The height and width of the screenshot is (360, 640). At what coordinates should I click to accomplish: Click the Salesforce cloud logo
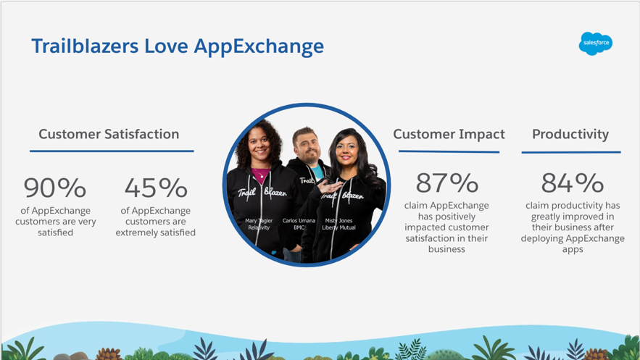tap(596, 43)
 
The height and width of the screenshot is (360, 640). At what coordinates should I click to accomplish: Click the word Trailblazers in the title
tap(85, 46)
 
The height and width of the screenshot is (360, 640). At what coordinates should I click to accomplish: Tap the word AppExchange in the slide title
tap(259, 47)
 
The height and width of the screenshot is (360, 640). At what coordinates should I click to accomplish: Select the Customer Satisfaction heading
tap(109, 134)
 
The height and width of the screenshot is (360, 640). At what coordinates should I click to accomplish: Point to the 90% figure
tap(54, 188)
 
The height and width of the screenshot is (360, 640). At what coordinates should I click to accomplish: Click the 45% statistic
tap(156, 188)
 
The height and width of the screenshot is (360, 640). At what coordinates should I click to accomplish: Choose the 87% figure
tap(447, 183)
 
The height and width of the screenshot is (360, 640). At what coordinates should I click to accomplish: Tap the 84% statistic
tap(573, 183)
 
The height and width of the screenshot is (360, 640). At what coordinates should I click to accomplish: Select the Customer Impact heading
tap(449, 134)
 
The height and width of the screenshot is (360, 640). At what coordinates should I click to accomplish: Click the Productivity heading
tap(570, 135)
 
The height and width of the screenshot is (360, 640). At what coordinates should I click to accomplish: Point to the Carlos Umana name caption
tap(299, 221)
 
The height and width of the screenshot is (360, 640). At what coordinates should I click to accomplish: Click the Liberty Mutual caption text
tap(338, 227)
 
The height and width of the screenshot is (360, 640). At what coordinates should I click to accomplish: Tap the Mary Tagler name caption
tap(259, 221)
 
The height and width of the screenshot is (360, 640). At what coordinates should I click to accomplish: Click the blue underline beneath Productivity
tap(571, 153)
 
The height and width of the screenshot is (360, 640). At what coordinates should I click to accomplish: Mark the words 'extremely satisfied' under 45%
tap(156, 233)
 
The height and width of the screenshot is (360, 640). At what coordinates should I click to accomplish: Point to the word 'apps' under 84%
tap(573, 250)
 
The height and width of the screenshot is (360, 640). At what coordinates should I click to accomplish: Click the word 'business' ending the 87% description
tap(446, 249)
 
